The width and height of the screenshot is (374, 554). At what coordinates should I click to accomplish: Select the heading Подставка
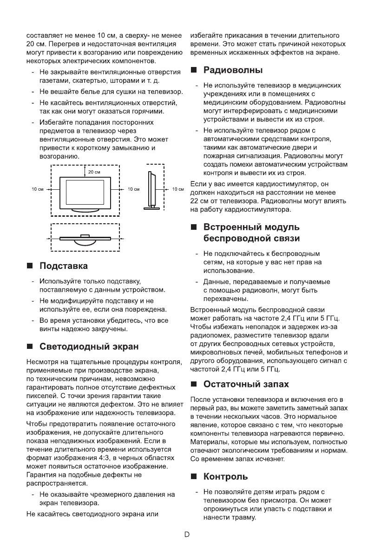coord(64,266)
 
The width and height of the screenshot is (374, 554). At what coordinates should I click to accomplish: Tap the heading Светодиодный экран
coord(89,347)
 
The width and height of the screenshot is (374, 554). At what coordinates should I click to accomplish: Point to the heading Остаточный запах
coord(246,384)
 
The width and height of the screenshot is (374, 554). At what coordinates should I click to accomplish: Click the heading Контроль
coord(226,477)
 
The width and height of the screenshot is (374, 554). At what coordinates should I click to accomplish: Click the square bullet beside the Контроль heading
coord(194,477)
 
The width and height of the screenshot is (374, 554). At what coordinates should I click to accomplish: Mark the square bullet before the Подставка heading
coord(30,267)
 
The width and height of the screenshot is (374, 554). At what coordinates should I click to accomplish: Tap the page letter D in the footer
coord(187,534)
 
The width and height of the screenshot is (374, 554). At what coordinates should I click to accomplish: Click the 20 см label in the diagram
coord(94,172)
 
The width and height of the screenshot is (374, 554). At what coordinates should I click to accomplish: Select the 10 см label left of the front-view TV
coord(37,189)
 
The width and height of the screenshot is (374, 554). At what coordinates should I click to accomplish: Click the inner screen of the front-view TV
coord(85,192)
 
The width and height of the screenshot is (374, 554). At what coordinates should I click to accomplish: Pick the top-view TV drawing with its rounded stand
coord(85,239)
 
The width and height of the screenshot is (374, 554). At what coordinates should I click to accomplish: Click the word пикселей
coord(40,396)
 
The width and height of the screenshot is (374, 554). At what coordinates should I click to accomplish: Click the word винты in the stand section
coord(50,329)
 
